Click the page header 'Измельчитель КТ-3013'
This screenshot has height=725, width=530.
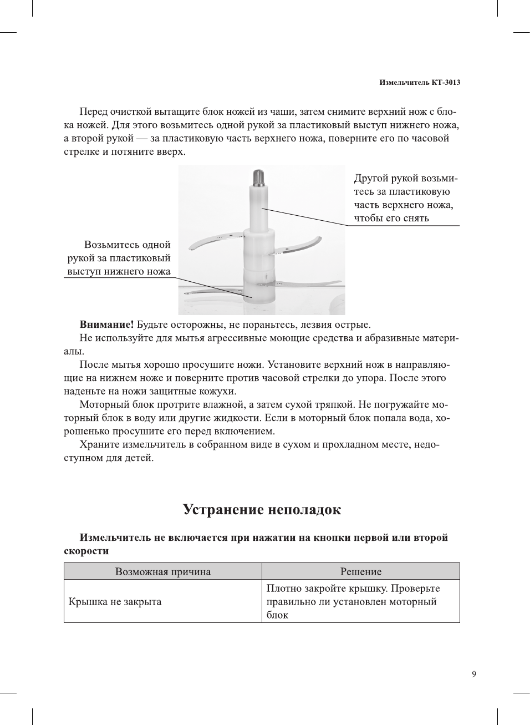(419, 82)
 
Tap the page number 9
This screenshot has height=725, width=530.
(473, 674)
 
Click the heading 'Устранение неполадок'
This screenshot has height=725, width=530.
(262, 509)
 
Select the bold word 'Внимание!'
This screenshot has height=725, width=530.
(106, 325)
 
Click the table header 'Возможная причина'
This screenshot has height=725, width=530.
(162, 571)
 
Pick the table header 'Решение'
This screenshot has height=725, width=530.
(360, 571)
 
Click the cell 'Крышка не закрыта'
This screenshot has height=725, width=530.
(115, 601)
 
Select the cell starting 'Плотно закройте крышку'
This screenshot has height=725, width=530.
(353, 601)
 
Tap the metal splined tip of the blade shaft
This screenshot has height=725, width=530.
(259, 178)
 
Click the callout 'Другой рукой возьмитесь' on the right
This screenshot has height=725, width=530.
(405, 198)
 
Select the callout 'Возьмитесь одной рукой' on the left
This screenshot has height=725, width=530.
(119, 258)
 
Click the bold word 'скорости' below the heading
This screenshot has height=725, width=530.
(86, 551)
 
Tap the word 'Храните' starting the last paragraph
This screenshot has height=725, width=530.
(99, 444)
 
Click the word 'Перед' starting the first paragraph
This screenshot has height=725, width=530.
(94, 111)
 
